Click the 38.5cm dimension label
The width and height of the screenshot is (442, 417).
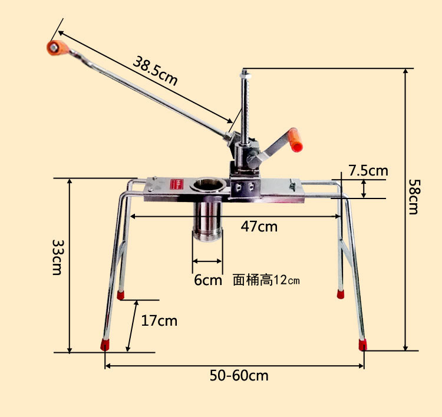(155, 71)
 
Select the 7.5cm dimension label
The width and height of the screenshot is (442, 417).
(368, 170)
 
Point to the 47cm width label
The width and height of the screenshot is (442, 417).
(259, 227)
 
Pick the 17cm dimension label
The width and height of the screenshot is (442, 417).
(159, 321)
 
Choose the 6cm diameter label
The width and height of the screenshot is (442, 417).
(208, 280)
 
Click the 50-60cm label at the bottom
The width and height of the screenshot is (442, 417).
(239, 376)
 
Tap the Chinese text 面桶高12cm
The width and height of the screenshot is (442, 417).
(266, 280)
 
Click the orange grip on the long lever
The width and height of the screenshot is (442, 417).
(57, 48)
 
